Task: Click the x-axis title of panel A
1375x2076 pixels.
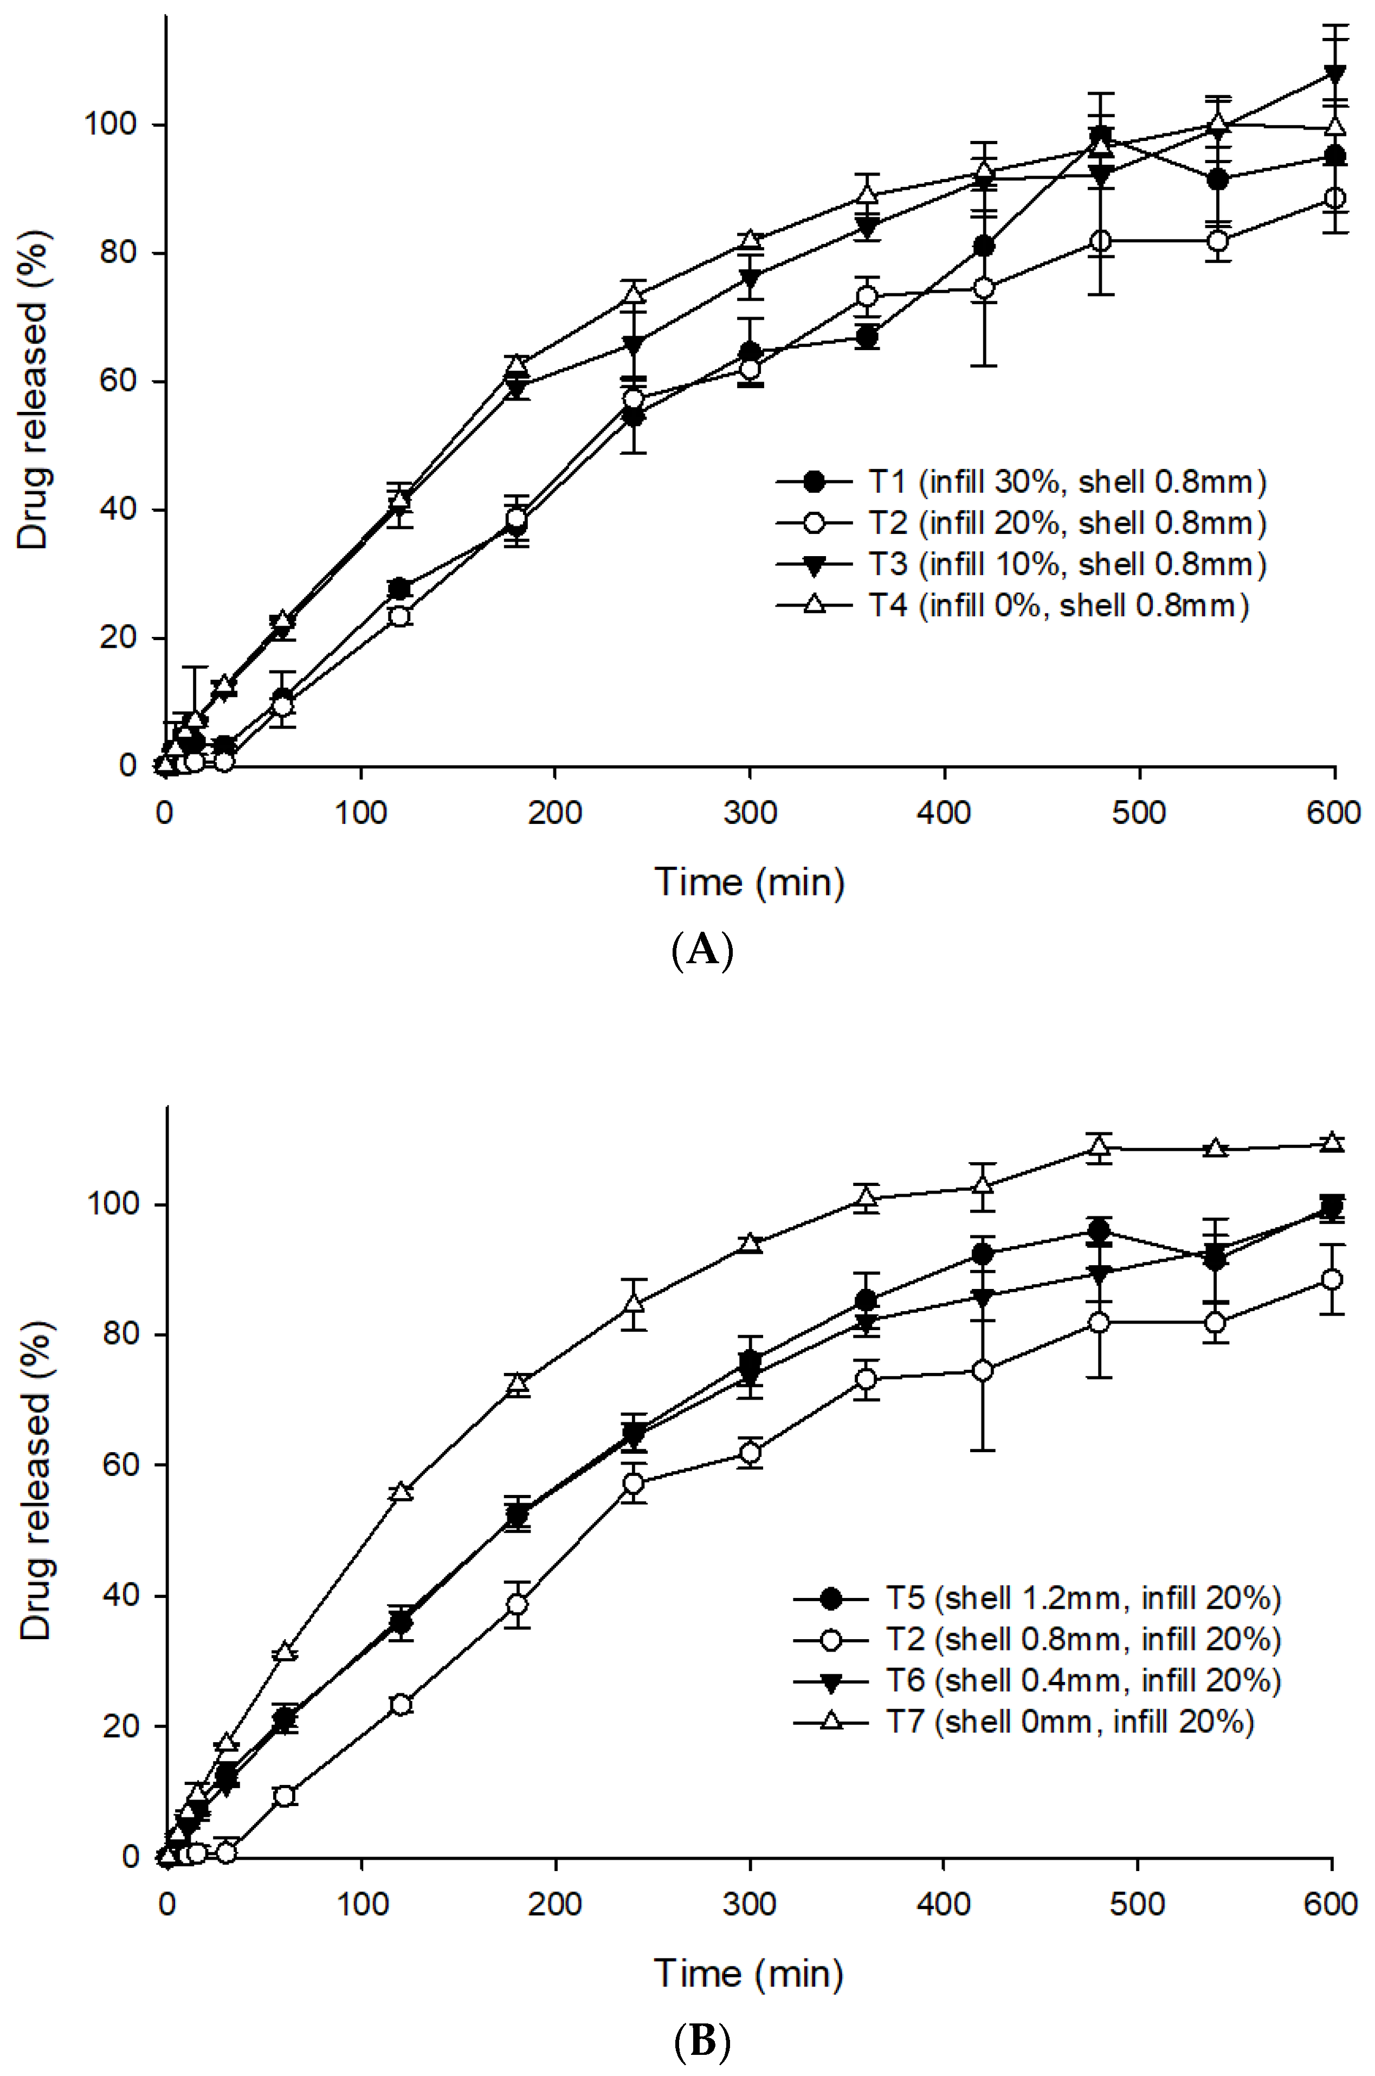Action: tap(749, 881)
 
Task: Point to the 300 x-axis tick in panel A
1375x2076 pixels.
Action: tap(750, 813)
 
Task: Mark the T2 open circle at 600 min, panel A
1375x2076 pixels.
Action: tap(1334, 198)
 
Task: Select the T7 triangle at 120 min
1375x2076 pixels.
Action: tap(401, 1491)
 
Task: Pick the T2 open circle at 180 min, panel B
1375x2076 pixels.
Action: tap(518, 1604)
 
